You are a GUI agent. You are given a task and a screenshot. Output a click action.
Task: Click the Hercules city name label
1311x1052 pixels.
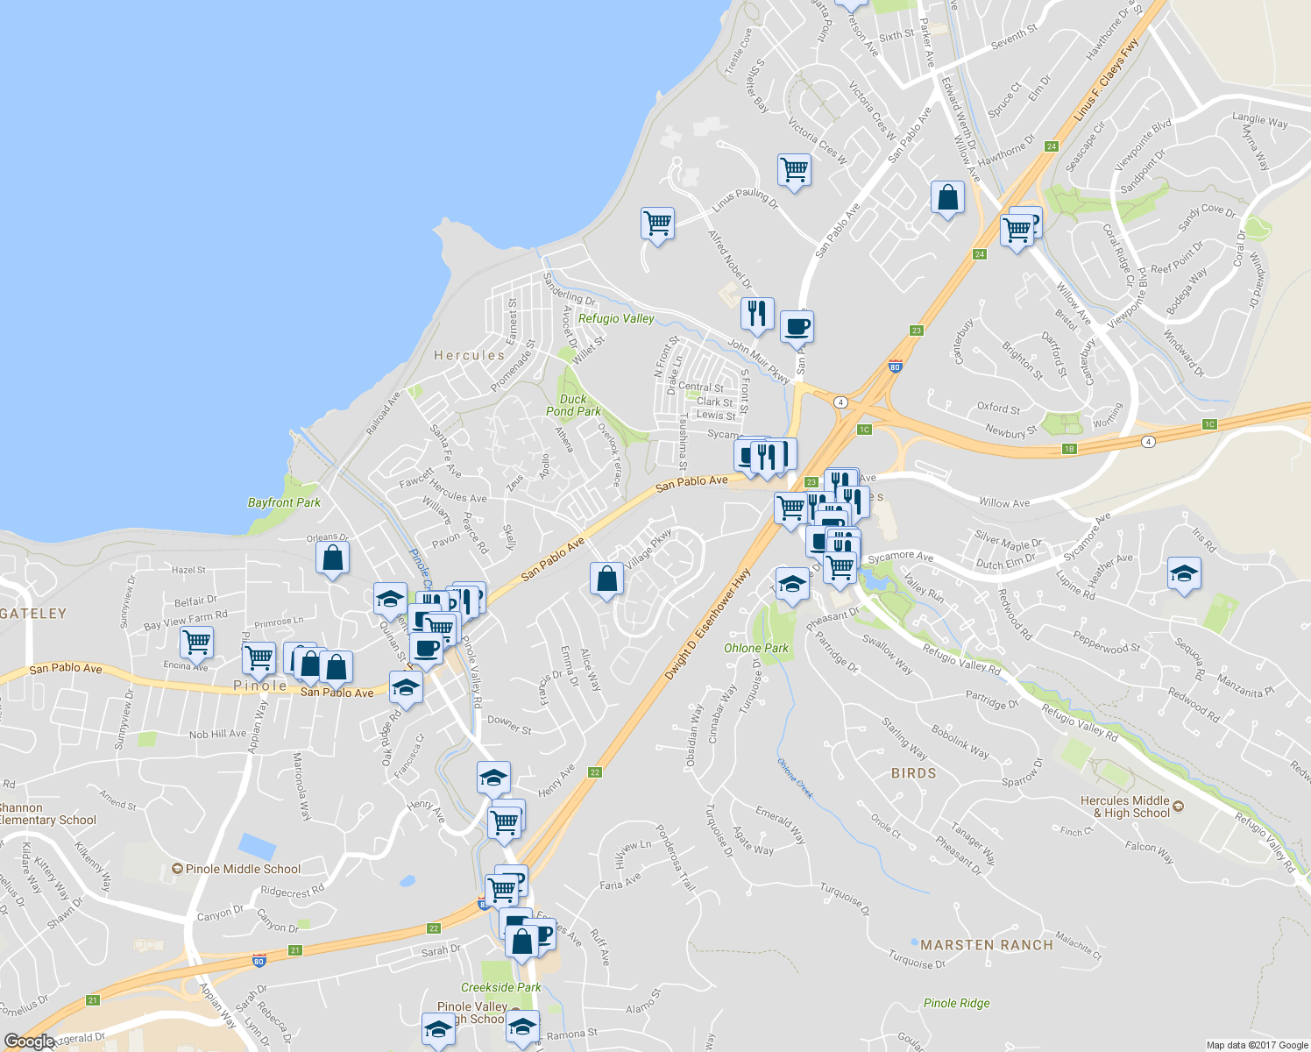(469, 355)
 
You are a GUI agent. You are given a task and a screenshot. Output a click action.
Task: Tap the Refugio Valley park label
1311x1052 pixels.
(616, 318)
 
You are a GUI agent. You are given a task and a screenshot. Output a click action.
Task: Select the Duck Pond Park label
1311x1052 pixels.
(574, 405)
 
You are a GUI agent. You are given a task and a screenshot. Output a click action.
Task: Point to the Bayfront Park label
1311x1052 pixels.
(284, 502)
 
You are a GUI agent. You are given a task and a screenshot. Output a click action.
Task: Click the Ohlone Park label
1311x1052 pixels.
(756, 648)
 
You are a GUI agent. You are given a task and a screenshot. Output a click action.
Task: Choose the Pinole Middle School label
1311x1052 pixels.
(243, 869)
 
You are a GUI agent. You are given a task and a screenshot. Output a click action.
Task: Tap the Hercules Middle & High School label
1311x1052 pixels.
(1125, 807)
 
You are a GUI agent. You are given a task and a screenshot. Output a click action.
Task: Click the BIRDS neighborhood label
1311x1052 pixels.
(913, 773)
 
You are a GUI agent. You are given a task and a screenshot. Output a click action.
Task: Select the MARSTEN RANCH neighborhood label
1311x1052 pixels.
(987, 945)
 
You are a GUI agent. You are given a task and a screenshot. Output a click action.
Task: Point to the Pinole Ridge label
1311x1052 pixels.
(957, 1003)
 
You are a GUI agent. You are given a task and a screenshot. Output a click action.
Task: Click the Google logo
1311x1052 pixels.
(29, 1041)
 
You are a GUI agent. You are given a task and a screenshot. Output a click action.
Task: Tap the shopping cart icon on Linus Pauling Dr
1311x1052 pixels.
(657, 224)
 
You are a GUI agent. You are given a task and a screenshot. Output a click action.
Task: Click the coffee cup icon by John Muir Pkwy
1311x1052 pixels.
(797, 327)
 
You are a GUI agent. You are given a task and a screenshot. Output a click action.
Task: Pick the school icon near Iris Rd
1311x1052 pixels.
(1184, 574)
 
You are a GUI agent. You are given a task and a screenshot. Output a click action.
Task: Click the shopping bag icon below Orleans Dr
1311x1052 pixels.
(333, 558)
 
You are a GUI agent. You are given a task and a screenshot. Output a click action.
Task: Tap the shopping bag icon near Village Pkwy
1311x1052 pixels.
(607, 579)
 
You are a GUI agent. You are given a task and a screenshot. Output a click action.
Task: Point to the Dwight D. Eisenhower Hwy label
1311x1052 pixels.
(707, 624)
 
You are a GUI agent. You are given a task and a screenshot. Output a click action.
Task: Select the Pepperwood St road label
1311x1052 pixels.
(1106, 643)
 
